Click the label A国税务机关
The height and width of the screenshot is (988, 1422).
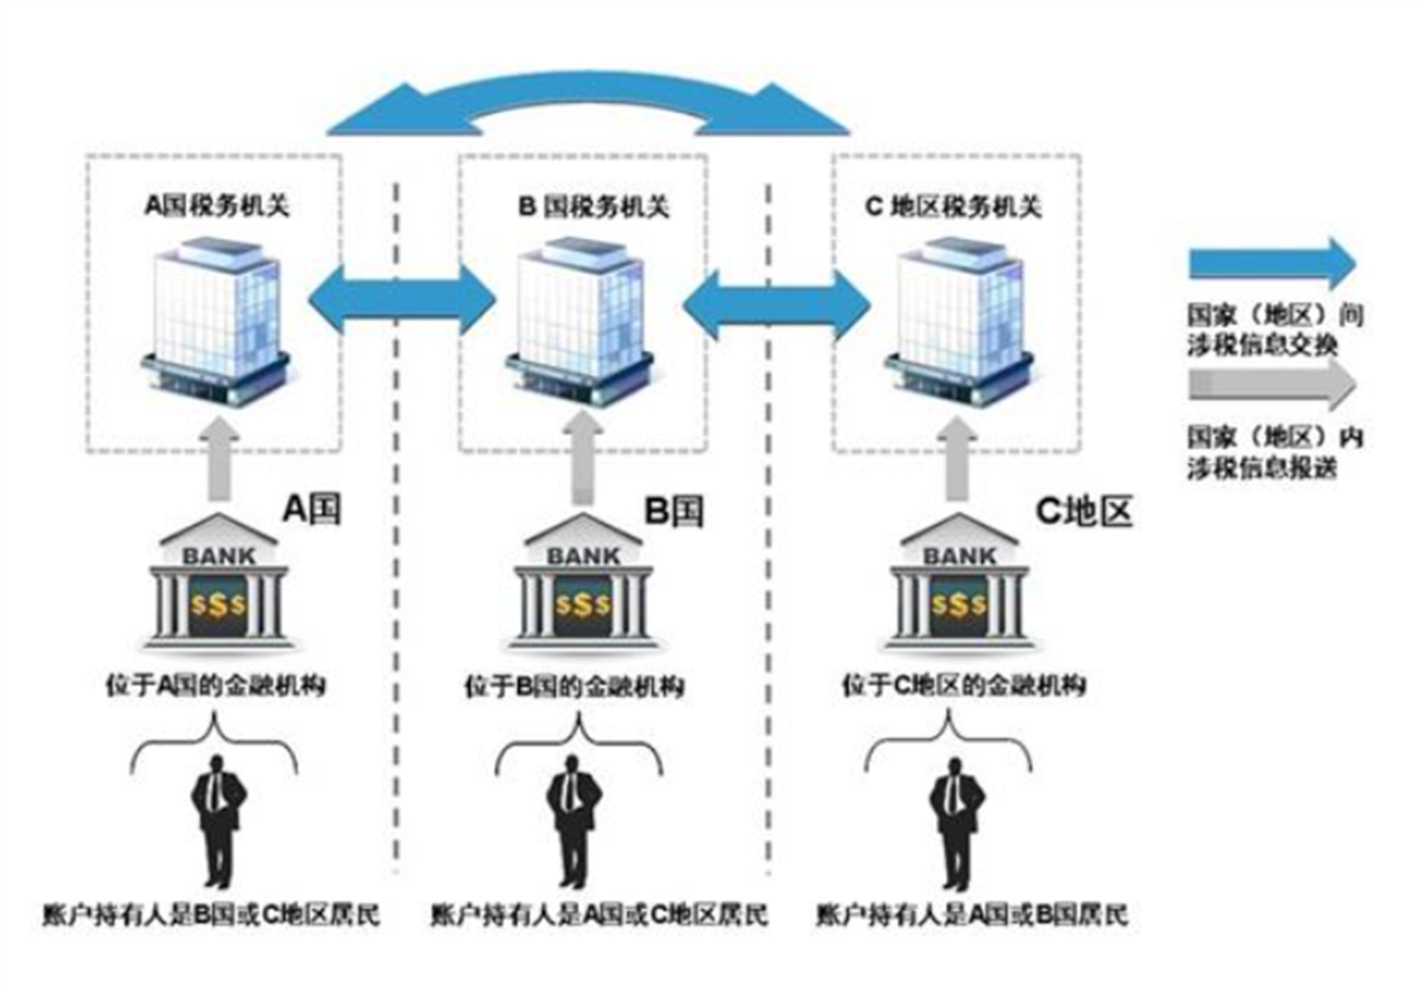[217, 206]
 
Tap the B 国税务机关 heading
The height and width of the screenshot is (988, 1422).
[593, 207]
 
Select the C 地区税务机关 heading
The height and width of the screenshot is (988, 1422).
[954, 207]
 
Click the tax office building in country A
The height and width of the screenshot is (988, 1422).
[217, 322]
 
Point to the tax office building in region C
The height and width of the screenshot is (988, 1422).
[958, 322]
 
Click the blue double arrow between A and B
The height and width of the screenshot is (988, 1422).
[401, 300]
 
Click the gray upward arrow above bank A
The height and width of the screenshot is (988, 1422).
[219, 459]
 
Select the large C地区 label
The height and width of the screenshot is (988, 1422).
[1084, 511]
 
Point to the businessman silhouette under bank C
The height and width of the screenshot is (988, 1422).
[956, 823]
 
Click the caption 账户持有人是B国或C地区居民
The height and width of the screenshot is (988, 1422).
[211, 915]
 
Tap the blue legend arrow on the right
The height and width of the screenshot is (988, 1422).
[1271, 264]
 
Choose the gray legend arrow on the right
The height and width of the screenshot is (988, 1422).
[1271, 385]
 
